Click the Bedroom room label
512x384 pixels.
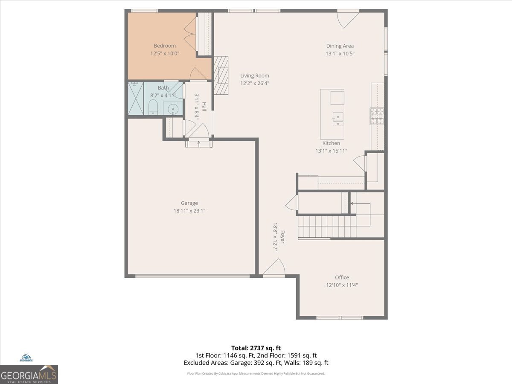[165, 46]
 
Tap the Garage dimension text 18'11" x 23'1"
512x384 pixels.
[189, 210]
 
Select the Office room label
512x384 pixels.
[342, 277]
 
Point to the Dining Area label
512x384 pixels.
[340, 46]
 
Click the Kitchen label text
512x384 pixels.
[331, 143]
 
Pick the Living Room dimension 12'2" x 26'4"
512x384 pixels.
[255, 84]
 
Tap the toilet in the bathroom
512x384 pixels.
[153, 108]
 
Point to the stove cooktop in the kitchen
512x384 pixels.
[377, 116]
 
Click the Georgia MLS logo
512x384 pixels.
[29, 374]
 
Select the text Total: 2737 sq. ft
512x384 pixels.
[256, 348]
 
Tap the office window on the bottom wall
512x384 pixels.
[340, 318]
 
